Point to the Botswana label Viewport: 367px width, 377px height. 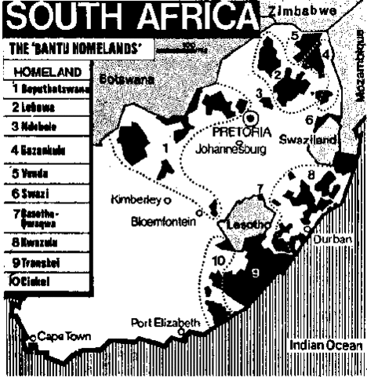pos(123,79)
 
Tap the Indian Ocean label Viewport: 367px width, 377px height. pos(324,345)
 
